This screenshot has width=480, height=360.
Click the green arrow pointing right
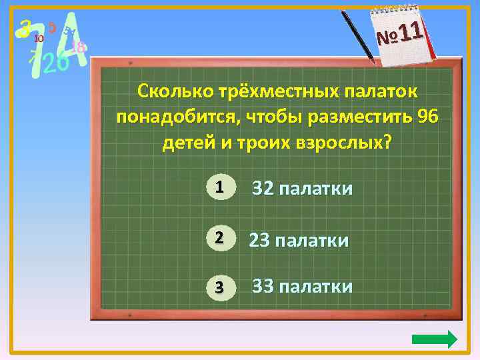point(435,339)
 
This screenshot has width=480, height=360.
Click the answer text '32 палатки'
point(302,189)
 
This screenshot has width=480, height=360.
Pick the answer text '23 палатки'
point(299,239)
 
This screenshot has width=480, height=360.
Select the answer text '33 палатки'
point(302,287)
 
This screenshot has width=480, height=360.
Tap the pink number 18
point(77,47)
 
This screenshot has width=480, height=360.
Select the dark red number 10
point(38,39)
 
